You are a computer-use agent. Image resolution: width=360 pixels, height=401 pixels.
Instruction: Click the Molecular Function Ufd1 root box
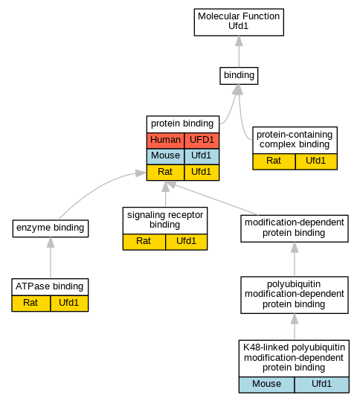pyautogui.click(x=239, y=22)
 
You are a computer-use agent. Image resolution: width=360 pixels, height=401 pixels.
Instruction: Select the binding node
pyautogui.click(x=239, y=76)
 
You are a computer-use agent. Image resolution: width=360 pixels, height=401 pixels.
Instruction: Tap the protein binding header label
pyautogui.click(x=182, y=123)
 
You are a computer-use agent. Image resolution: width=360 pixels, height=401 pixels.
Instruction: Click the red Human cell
pyautogui.click(x=165, y=141)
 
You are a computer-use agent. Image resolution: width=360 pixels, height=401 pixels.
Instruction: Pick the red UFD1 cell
pyautogui.click(x=202, y=141)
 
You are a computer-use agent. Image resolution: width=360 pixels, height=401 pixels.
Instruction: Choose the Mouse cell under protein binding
pyautogui.click(x=165, y=156)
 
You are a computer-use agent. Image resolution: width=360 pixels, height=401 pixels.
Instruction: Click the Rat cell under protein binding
pyautogui.click(x=165, y=172)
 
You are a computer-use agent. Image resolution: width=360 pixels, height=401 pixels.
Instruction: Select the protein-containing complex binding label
pyautogui.click(x=295, y=139)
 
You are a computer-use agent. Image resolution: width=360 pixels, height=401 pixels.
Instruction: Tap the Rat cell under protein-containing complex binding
pyautogui.click(x=274, y=161)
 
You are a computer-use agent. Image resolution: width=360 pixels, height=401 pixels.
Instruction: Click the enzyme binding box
pyautogui.click(x=51, y=228)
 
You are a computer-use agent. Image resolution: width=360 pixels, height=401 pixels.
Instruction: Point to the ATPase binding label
pyautogui.click(x=50, y=286)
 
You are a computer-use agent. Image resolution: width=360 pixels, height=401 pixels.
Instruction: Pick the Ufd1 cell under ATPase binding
pyautogui.click(x=69, y=304)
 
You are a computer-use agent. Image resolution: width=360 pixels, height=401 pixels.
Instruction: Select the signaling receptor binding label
pyautogui.click(x=165, y=219)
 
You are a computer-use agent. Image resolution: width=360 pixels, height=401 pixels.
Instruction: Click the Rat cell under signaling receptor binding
pyautogui.click(x=144, y=242)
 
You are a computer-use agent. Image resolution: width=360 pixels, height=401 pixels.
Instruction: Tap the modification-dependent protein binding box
pyautogui.click(x=295, y=228)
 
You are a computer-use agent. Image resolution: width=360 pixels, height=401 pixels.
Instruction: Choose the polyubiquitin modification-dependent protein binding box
pyautogui.click(x=295, y=295)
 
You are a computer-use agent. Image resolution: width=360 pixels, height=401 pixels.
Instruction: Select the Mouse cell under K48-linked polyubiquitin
pyautogui.click(x=267, y=385)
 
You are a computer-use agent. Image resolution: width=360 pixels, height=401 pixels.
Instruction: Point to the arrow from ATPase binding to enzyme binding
pyautogui.click(x=51, y=257)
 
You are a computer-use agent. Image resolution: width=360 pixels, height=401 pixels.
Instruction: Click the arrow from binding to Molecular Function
pyautogui.click(x=239, y=51)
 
